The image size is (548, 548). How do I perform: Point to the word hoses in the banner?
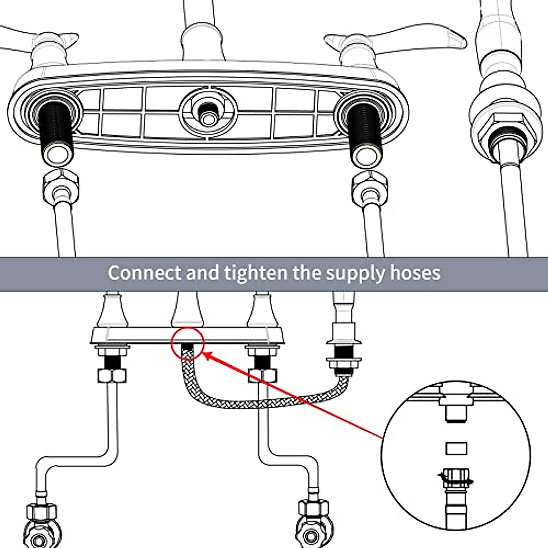click(x=416, y=273)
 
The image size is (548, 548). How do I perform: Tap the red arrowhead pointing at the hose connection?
click(x=208, y=355)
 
